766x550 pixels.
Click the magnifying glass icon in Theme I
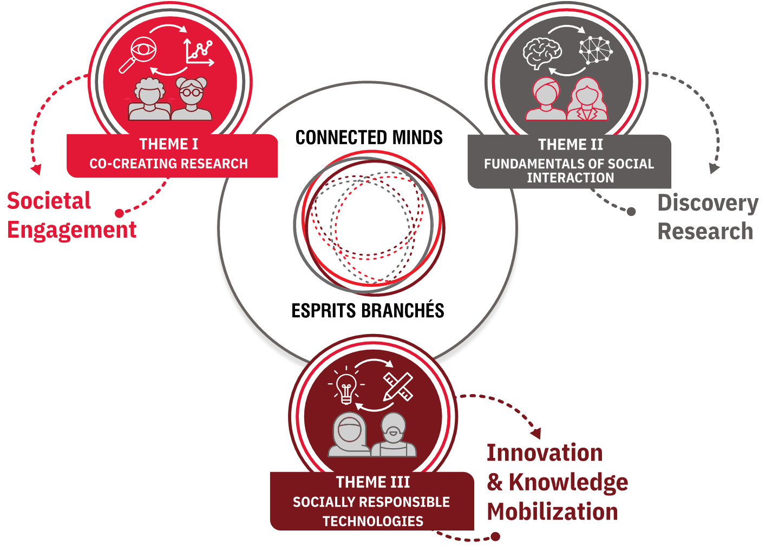tap(138, 55)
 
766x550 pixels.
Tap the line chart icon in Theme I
tap(199, 53)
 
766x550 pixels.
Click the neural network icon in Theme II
tap(596, 50)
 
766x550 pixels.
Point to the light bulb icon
tap(346, 386)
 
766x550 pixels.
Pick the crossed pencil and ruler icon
tap(398, 387)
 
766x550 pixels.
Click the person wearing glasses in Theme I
tap(192, 99)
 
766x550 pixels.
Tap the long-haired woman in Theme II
tap(587, 99)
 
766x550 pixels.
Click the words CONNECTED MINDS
tap(369, 137)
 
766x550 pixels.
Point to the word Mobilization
tap(552, 512)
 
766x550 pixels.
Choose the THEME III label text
tap(373, 482)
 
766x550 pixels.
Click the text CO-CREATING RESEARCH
tap(168, 163)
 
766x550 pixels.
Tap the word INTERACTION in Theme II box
tap(571, 178)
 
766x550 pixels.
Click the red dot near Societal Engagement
tap(119, 213)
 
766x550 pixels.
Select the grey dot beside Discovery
tap(631, 212)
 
